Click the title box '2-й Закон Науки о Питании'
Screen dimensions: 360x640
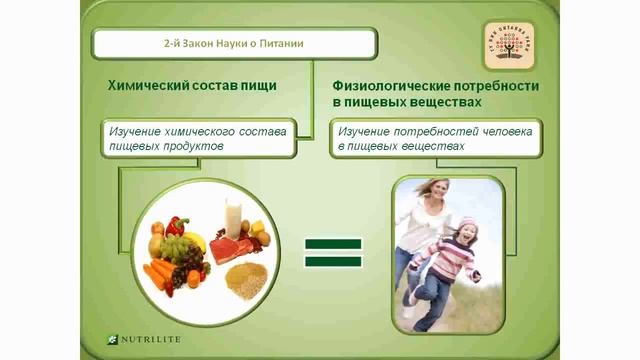[235, 44]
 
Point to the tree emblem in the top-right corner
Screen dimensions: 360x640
[509, 45]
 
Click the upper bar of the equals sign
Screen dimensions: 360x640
[333, 244]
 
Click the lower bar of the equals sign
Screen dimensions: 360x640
[333, 262]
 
